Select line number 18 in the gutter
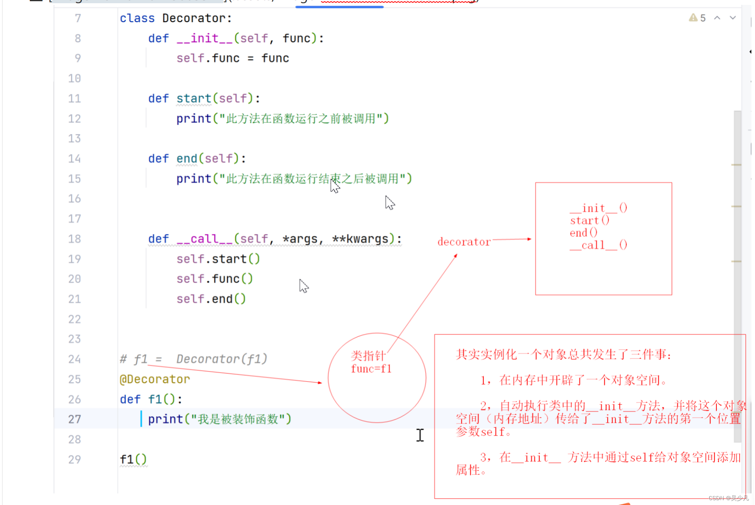coord(74,239)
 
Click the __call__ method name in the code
coord(204,239)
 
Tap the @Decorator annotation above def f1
coord(155,379)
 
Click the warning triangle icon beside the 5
coord(693,18)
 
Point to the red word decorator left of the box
coord(464,242)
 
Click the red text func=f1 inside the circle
coord(371,369)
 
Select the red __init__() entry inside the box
coord(599,208)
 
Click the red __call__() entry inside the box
coord(599,245)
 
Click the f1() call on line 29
coord(133,459)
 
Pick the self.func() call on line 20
coord(214,279)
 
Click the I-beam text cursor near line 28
coord(420,435)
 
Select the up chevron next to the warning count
coord(717,18)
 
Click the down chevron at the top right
coord(733,18)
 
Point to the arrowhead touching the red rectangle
coord(529,239)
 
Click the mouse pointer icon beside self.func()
coord(304,286)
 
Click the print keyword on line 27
coord(165,419)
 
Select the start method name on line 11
coord(194,98)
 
